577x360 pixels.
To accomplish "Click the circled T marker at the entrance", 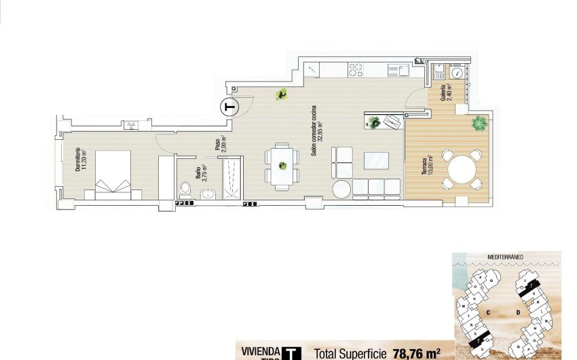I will [x=230, y=107].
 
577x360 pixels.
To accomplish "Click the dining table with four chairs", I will [x=282, y=165].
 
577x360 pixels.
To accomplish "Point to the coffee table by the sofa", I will [x=377, y=160].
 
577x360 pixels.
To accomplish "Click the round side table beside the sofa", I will [x=342, y=187].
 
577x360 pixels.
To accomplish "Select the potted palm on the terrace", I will [x=479, y=124].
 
